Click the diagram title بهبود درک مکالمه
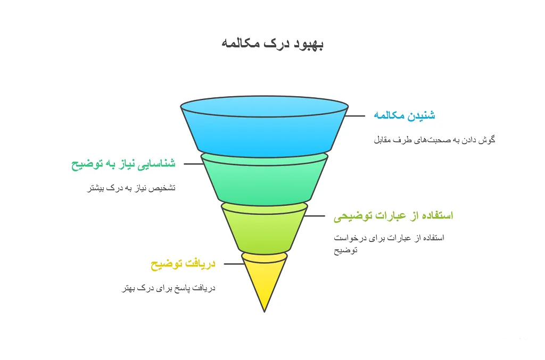click(272, 44)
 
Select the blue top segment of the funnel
click(264, 127)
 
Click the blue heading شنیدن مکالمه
click(404, 115)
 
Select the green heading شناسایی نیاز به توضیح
click(123, 164)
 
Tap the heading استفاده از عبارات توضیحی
click(393, 215)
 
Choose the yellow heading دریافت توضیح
click(183, 264)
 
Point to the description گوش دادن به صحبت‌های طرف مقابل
click(434, 139)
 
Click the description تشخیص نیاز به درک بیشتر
click(131, 188)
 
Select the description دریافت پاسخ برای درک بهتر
click(169, 288)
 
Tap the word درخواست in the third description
click(349, 238)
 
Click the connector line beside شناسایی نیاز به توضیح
click(193, 164)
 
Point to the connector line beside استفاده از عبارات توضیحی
click(315, 216)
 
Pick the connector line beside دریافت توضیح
click(234, 264)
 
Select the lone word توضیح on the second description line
click(345, 250)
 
